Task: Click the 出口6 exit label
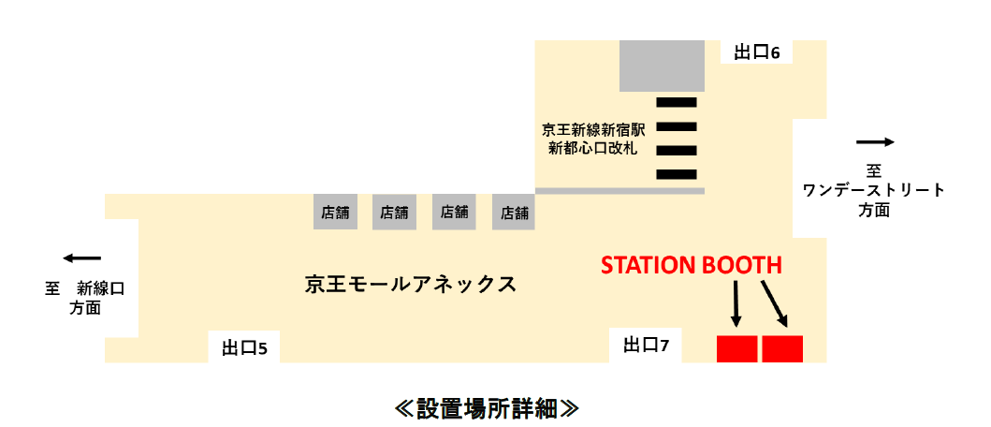756,52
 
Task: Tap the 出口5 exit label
244,348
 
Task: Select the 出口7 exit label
646,346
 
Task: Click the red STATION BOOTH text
691,266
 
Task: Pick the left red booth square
736,347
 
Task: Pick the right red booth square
782,347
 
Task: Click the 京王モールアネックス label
411,284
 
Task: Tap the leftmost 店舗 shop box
334,213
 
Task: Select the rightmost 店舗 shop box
515,213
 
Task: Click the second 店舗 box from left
394,213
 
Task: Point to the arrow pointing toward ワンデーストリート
875,142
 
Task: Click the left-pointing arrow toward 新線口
81,258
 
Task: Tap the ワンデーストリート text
874,191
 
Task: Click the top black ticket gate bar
677,101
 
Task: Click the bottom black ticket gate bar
677,173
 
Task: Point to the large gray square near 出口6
662,66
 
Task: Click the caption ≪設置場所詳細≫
487,408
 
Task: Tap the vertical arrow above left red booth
736,303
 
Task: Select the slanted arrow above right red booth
776,303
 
